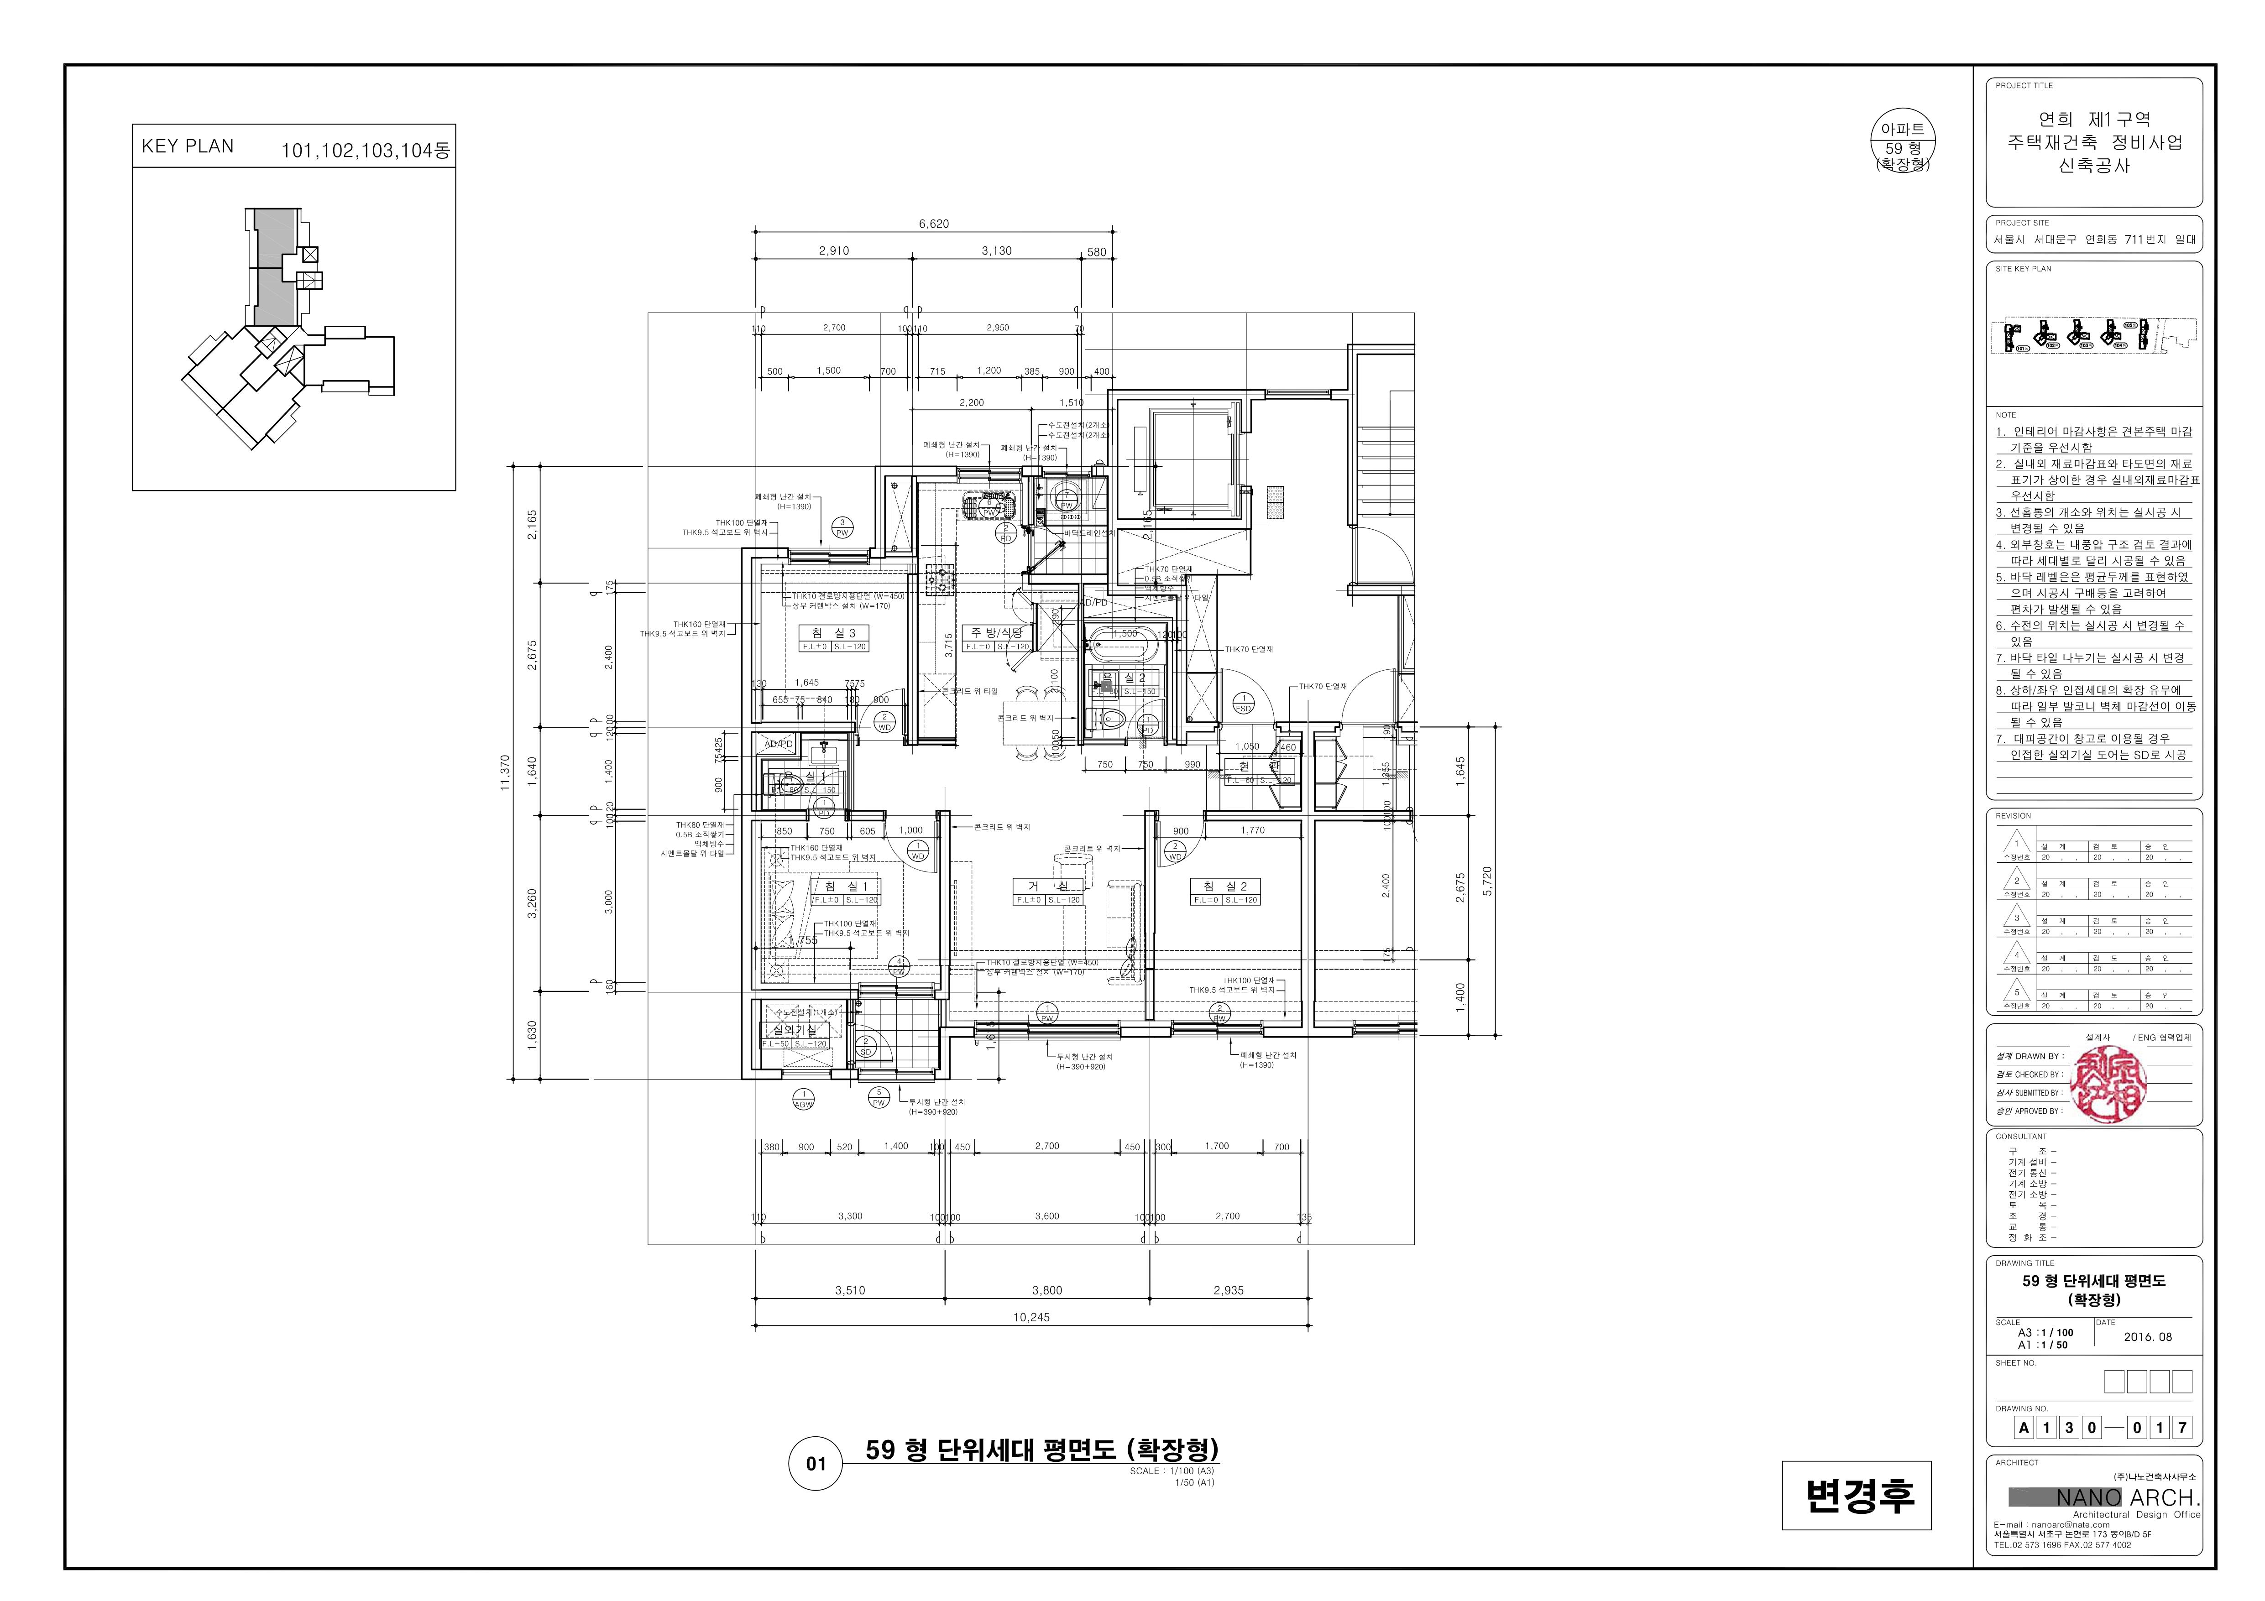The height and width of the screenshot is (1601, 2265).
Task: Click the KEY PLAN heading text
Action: (188, 146)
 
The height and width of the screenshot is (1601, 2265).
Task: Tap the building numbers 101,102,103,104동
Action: (365, 151)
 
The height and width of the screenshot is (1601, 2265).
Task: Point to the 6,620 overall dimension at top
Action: (933, 224)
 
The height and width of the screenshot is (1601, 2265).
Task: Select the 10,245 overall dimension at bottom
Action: (1031, 1317)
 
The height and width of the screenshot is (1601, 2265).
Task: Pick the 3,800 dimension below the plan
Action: (1046, 1290)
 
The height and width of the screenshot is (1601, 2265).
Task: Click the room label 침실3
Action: (834, 632)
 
